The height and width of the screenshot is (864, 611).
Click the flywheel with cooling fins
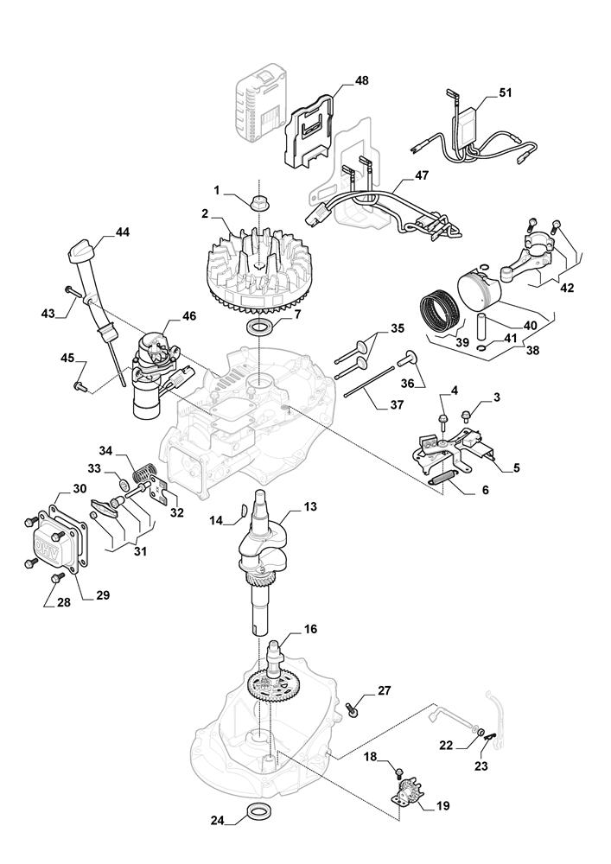point(258,267)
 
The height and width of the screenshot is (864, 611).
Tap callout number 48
point(361,80)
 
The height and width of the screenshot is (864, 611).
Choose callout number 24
point(218,820)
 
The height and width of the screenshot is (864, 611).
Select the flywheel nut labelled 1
point(258,202)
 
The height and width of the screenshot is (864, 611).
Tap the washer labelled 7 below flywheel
point(258,328)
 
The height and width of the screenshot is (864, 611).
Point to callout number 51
point(506,92)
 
